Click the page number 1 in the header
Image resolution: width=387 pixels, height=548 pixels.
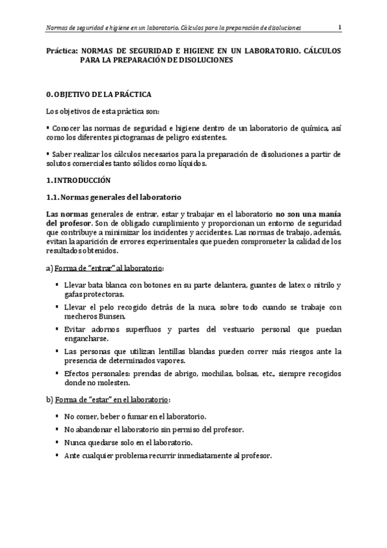coord(340,26)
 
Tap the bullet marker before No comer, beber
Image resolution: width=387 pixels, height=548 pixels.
coord(57,416)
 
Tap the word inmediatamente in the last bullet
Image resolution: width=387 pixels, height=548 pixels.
coord(200,455)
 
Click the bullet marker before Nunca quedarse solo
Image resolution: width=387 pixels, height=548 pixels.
coord(57,442)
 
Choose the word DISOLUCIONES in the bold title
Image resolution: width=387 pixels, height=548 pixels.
coord(202,60)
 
